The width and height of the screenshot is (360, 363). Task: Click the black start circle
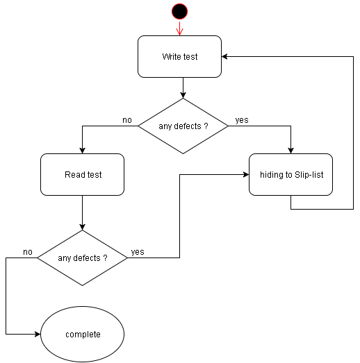179,11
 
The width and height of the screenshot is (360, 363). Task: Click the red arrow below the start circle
179,28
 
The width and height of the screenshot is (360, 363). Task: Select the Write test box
179,56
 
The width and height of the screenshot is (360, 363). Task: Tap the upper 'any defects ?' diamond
183,126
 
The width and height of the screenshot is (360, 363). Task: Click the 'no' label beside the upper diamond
127,120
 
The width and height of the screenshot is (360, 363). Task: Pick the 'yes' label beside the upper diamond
242,120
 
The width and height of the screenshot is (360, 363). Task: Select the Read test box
83,174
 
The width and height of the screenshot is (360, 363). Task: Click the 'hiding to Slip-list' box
291,174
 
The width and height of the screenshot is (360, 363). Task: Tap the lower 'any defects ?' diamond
83,258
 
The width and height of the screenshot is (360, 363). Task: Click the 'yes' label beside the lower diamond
138,252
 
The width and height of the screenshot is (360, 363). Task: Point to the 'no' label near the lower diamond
28,251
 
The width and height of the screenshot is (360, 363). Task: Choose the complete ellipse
83,335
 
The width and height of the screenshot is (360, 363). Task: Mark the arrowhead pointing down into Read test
83,150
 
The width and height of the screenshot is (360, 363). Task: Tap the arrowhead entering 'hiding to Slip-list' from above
291,150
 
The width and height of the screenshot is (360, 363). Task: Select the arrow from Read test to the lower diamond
83,212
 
